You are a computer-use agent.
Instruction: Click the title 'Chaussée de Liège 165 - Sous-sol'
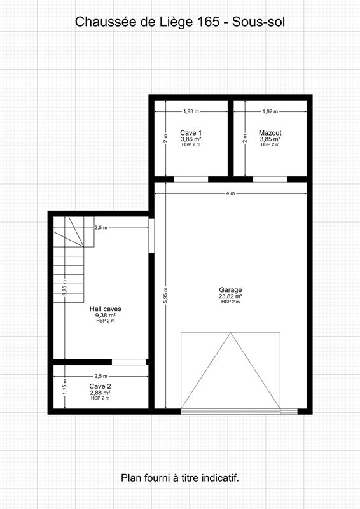180,22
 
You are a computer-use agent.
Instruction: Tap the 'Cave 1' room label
191,133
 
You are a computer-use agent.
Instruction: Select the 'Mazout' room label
270,133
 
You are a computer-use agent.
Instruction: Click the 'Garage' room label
230,290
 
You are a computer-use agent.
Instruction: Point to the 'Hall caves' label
106,309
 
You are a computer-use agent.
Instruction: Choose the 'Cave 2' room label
100,386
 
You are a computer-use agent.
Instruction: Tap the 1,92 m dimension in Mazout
270,111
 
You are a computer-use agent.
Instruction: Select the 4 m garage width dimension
230,193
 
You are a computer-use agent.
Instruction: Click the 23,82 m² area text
230,296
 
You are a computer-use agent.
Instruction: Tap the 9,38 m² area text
106,315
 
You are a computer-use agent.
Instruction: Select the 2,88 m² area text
100,393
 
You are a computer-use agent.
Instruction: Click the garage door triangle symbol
230,372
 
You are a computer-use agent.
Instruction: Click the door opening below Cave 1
191,179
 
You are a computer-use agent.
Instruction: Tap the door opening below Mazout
270,179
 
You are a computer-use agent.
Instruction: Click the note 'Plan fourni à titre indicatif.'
180,477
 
